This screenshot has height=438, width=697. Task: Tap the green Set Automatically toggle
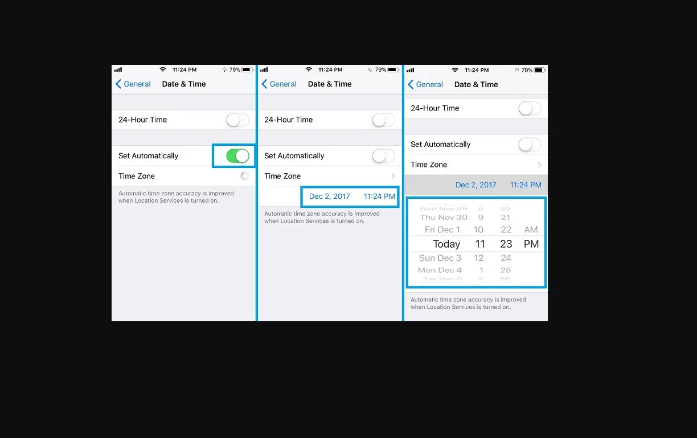click(x=237, y=155)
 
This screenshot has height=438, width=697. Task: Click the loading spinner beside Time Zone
click(x=245, y=176)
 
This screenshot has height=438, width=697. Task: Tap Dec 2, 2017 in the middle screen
click(x=329, y=197)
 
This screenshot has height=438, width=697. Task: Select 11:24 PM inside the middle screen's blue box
click(x=379, y=197)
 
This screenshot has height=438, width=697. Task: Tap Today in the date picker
click(x=446, y=244)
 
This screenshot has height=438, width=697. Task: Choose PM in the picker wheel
click(x=531, y=244)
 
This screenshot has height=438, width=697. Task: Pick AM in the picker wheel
click(x=531, y=230)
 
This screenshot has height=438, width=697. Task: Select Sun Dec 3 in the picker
click(x=440, y=258)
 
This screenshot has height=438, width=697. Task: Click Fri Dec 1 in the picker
click(x=442, y=230)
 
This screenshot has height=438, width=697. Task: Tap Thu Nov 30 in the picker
click(x=444, y=217)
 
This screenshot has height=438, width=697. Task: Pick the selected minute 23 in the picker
click(x=506, y=244)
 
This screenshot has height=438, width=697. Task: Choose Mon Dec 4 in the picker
click(x=440, y=270)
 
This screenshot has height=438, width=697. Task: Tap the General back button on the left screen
click(x=133, y=84)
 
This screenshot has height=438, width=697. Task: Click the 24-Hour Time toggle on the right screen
click(x=530, y=108)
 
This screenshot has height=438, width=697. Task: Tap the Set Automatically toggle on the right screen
click(x=530, y=144)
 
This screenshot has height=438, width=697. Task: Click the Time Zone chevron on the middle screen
click(x=393, y=176)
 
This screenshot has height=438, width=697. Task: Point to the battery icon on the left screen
click(x=247, y=69)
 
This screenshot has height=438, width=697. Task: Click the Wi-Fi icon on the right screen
click(x=455, y=70)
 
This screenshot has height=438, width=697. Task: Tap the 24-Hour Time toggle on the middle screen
click(x=383, y=120)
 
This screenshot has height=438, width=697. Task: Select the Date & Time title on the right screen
click(x=476, y=84)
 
